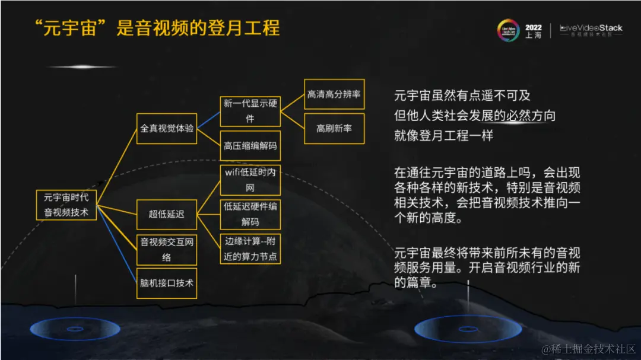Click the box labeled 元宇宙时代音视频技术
coord(66,204)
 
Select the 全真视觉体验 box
coord(167,128)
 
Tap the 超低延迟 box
coord(167,214)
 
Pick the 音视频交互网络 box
coord(167,249)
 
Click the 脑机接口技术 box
coord(167,283)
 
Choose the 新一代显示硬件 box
coord(250,111)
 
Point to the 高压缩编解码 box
coord(250,145)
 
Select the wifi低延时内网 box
coord(250,180)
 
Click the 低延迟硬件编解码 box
coord(250,214)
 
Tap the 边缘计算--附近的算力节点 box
coord(250,249)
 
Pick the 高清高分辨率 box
coord(334,94)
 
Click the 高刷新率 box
coord(334,128)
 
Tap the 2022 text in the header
coord(534,27)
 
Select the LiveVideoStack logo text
coord(591,28)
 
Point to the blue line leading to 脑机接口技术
coord(117,243)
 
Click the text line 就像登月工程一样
coord(444,135)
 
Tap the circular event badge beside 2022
coord(510,31)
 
